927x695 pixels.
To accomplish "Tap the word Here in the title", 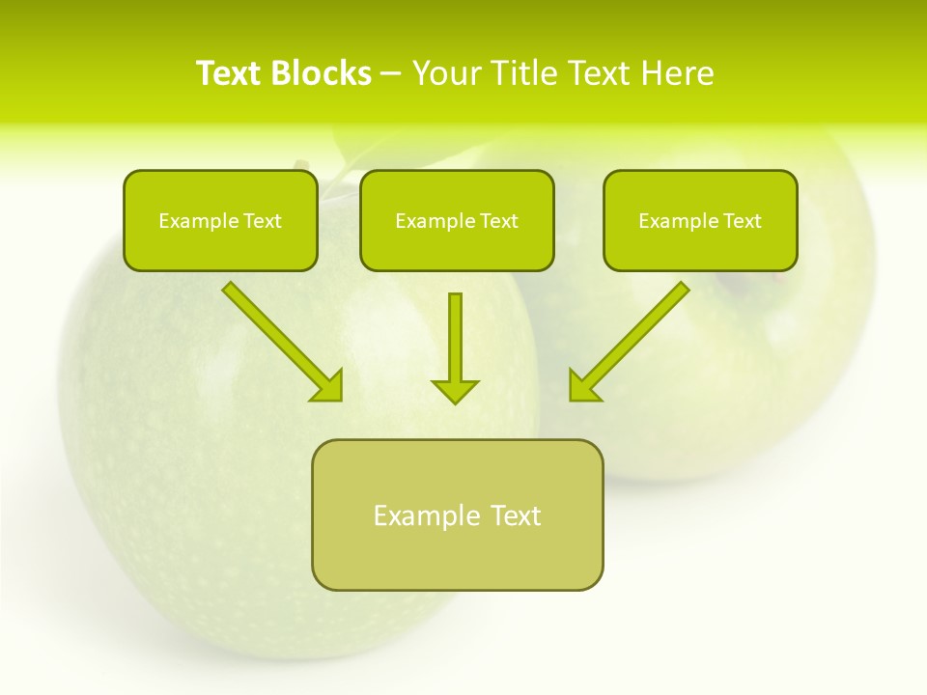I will coord(681,72).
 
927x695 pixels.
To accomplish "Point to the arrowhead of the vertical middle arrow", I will coord(455,390).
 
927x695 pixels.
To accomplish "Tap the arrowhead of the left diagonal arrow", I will coord(329,386).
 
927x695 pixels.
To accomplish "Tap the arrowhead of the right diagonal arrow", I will coord(583,386).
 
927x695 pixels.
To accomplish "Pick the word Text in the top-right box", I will coord(743,221).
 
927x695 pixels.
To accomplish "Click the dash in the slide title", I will coord(391,73).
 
